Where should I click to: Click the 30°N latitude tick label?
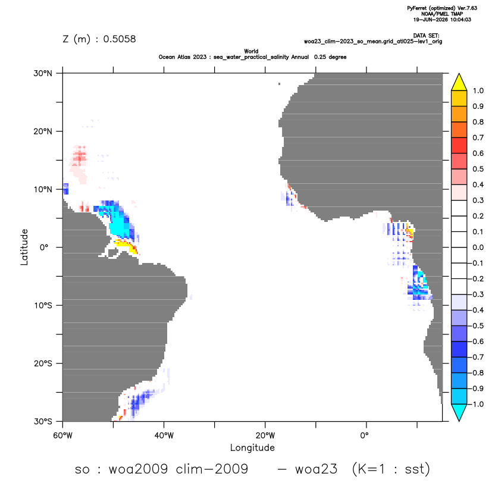click(x=43, y=73)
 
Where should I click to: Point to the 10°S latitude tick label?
click(x=43, y=306)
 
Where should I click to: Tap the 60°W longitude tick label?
click(x=62, y=436)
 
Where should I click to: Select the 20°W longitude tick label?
click(x=265, y=436)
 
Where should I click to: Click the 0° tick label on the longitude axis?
click(x=364, y=436)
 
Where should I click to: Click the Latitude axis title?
click(x=24, y=247)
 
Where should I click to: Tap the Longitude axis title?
click(x=252, y=447)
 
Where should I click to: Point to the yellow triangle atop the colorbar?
click(x=459, y=82)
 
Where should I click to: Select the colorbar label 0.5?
click(x=478, y=169)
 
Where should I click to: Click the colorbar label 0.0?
click(x=478, y=247)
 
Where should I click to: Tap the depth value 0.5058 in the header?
click(x=120, y=39)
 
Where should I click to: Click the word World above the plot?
click(x=251, y=51)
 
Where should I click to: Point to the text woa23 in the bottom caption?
click(x=317, y=469)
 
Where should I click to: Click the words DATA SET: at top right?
click(x=426, y=36)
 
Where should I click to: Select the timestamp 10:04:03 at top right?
click(x=460, y=20)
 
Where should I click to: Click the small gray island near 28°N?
click(x=280, y=84)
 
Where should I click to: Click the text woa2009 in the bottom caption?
click(x=138, y=469)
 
